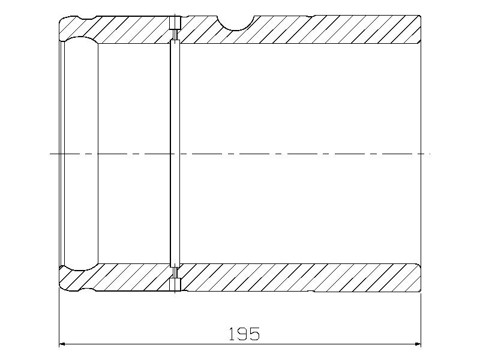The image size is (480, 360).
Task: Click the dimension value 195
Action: (245, 334)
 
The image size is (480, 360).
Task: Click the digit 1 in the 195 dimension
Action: (233, 334)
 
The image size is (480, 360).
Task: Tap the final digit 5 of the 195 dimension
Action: (254, 334)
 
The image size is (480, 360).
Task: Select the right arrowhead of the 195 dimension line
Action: (418, 344)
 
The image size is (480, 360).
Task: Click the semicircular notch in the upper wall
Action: (236, 23)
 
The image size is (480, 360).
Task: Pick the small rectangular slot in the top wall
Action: (175, 22)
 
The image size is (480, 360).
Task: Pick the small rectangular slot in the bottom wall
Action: (175, 284)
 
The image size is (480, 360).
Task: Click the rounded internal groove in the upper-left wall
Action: (81, 39)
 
